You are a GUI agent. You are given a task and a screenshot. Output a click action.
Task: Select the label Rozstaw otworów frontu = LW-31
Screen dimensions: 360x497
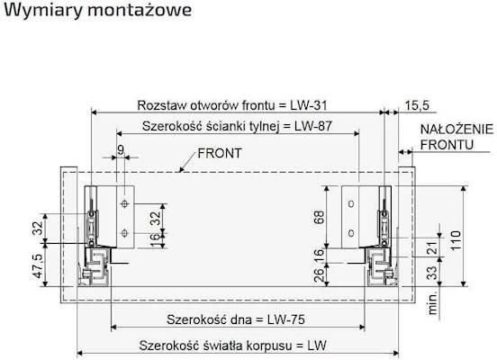tap(236, 103)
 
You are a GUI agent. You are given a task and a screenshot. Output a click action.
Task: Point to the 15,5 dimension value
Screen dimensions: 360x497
tap(418, 104)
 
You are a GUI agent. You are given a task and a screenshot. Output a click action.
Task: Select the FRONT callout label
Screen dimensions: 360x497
tap(221, 153)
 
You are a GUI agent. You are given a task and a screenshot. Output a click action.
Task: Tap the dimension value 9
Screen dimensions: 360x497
tap(120, 150)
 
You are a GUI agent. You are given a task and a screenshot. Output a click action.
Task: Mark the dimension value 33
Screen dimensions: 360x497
tap(431, 271)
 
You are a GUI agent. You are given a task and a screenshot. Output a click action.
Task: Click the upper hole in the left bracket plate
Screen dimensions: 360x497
tap(124, 205)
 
